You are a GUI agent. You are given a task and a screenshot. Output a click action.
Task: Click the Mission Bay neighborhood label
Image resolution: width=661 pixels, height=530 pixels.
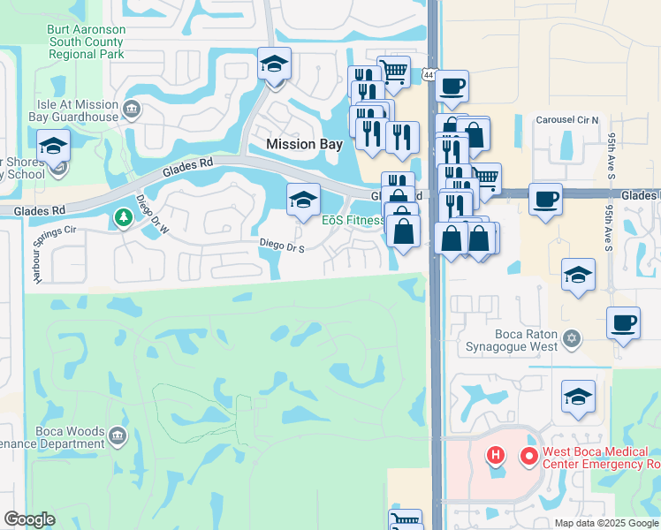click(x=304, y=144)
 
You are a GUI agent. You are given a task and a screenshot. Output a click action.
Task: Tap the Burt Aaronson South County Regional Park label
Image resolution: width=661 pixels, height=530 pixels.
click(x=86, y=42)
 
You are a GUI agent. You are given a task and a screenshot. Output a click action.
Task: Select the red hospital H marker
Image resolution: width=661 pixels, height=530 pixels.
click(x=497, y=456)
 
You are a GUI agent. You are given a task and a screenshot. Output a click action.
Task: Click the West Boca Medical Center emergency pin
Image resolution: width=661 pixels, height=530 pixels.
click(x=529, y=456)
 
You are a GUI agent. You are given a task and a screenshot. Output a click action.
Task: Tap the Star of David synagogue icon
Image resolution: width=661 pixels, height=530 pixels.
click(x=571, y=339)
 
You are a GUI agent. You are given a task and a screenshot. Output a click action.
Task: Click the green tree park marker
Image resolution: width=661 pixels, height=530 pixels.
click(x=121, y=216)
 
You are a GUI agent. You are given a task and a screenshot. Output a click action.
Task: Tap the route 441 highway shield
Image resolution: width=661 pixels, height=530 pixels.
click(x=428, y=76)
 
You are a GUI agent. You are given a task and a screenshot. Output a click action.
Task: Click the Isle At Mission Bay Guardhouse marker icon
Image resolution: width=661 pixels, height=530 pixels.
click(x=132, y=110)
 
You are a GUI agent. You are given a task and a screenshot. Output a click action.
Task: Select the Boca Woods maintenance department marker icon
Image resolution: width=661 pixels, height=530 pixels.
click(x=117, y=435)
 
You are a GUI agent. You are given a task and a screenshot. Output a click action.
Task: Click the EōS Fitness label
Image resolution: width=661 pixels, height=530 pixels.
click(x=351, y=220)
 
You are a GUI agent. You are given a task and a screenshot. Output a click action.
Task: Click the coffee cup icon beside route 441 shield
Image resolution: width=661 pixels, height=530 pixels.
click(x=452, y=86)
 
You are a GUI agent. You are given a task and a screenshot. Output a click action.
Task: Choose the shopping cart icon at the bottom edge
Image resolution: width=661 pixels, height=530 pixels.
click(x=405, y=520)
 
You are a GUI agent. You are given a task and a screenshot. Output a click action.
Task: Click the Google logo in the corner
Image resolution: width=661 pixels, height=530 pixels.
click(x=29, y=519)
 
